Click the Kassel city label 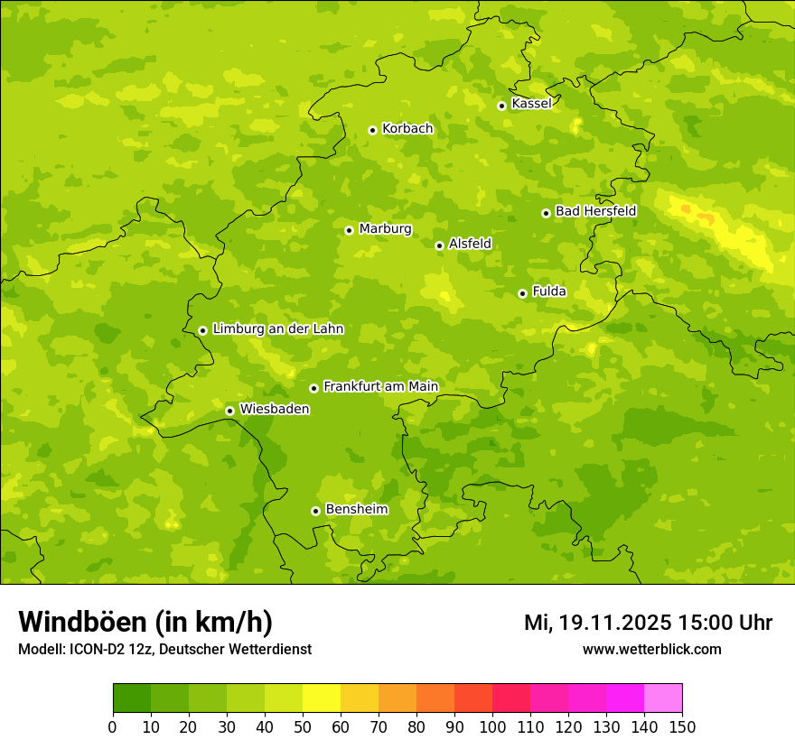(x=531, y=104)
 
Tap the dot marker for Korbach (x=372, y=130)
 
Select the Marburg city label (x=385, y=229)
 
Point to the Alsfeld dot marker (x=439, y=245)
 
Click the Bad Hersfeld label (x=595, y=211)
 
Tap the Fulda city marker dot (x=522, y=293)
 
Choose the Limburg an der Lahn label (x=277, y=329)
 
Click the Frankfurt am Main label (x=380, y=387)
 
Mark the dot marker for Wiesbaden (x=229, y=411)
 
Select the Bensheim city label (x=356, y=510)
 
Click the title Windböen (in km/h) (x=145, y=622)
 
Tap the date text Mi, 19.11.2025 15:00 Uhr (x=648, y=623)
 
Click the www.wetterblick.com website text (x=651, y=650)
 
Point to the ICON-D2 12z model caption (x=164, y=650)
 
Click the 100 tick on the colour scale (x=492, y=726)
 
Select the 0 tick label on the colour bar (x=113, y=726)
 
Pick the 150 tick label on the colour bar (x=682, y=726)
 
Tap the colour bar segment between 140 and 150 (x=663, y=698)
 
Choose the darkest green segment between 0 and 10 (x=132, y=698)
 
